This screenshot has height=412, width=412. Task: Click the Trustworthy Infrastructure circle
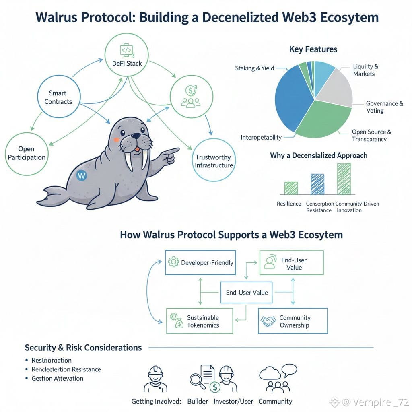click(214, 161)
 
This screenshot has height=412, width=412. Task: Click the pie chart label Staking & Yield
click(254, 68)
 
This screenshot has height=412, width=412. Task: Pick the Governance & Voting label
click(384, 107)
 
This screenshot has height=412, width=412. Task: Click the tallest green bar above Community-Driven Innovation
click(344, 179)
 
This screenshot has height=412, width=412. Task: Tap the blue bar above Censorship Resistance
click(317, 184)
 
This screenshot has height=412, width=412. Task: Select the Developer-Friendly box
click(201, 263)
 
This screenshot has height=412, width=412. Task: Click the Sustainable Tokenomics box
click(200, 321)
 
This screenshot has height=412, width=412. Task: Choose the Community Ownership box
click(293, 321)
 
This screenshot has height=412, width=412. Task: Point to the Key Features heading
click(313, 49)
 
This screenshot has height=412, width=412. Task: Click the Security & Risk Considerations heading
click(83, 348)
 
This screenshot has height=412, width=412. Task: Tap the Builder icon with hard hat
click(156, 379)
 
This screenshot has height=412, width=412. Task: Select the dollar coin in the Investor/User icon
click(215, 387)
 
